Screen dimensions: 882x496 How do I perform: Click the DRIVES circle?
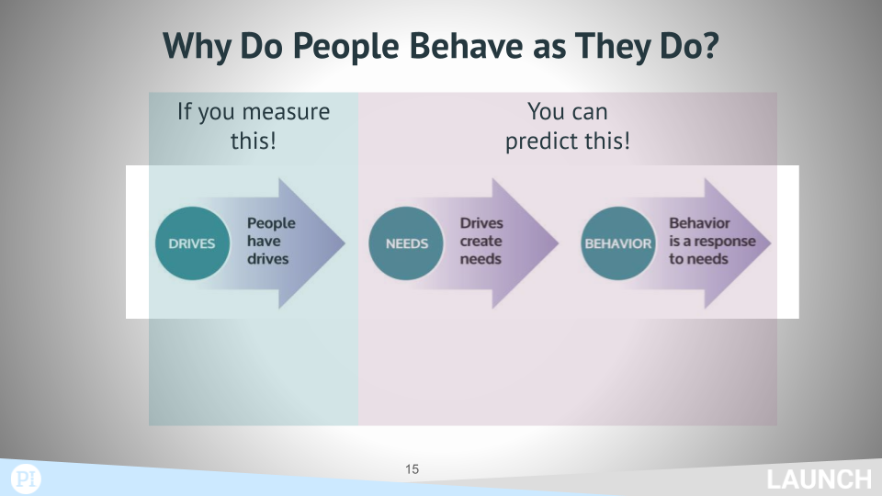point(192,243)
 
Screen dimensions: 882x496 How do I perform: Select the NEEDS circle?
point(406,243)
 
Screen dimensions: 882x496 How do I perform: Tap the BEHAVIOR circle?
point(618,243)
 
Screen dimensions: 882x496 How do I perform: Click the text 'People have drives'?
point(271,241)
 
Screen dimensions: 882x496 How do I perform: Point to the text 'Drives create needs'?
point(481,241)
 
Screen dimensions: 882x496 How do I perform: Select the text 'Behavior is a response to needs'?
point(712,241)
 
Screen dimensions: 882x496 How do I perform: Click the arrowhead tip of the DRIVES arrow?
point(345,243)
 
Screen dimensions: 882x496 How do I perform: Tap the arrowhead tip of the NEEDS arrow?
point(559,243)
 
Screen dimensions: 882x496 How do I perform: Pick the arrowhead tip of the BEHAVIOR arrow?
point(771,243)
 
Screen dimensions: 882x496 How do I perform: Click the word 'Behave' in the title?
point(467,46)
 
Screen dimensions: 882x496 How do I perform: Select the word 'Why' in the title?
point(197,47)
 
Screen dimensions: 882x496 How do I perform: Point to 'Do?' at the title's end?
point(690,46)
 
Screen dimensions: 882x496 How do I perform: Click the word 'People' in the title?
point(346,47)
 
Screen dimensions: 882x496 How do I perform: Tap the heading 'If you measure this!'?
point(254,126)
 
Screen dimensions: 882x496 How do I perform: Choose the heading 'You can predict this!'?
point(568,126)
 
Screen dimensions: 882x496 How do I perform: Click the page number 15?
point(412,469)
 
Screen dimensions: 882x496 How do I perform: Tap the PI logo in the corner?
point(26,479)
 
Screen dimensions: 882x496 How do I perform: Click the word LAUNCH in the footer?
point(819,480)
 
